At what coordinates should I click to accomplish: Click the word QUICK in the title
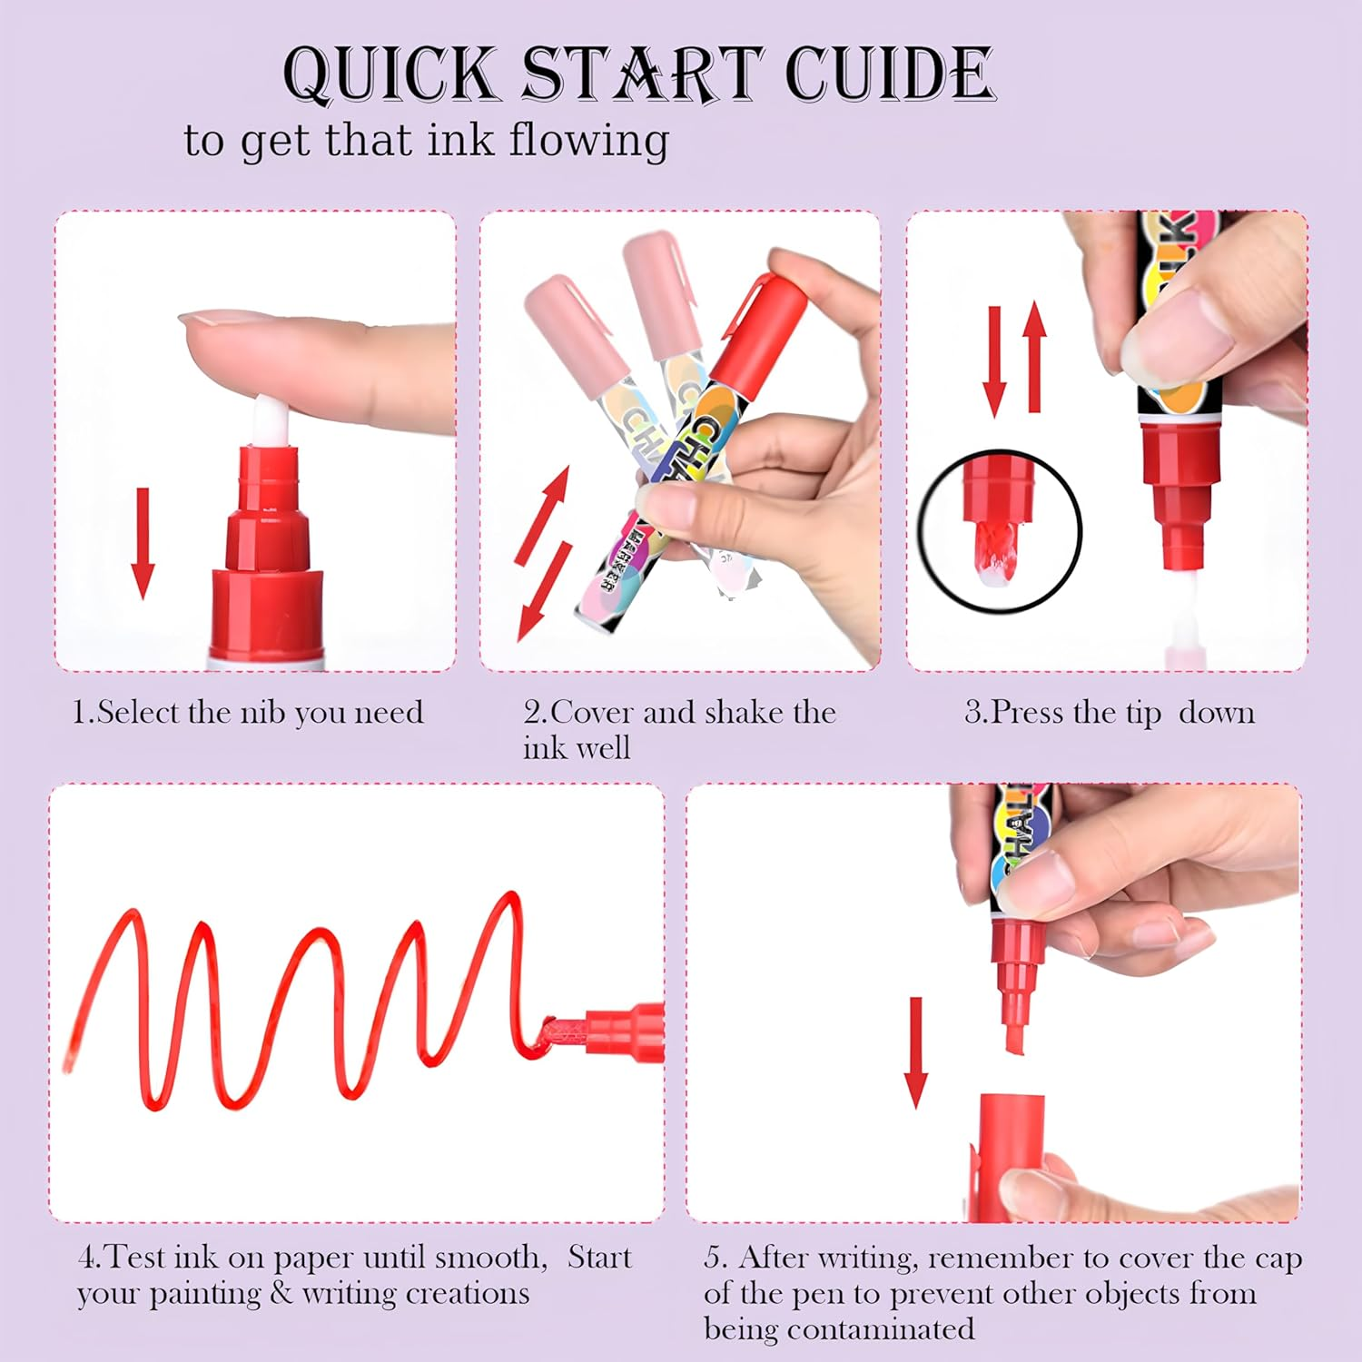[x=390, y=74]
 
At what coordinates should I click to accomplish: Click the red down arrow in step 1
[x=143, y=543]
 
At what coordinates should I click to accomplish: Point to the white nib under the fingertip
[x=271, y=424]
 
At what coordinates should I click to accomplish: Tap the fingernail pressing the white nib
[x=204, y=318]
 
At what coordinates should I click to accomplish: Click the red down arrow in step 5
[x=916, y=1052]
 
